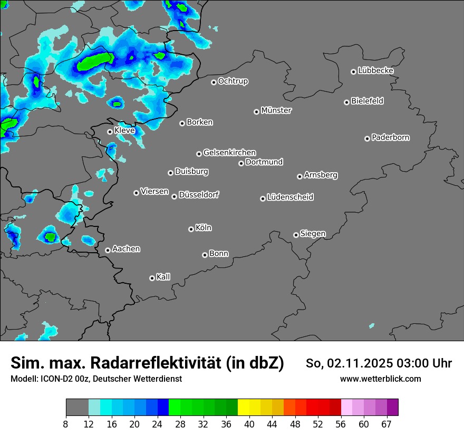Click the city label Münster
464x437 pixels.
click(276, 111)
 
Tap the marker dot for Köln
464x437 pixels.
click(191, 229)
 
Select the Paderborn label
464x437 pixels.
click(391, 137)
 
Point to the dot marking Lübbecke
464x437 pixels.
click(354, 72)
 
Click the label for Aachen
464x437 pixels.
click(126, 249)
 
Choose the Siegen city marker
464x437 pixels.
click(296, 235)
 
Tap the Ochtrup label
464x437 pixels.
click(233, 81)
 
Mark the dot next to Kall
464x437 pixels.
click(152, 278)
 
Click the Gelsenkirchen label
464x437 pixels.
click(229, 153)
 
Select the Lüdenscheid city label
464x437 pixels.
click(290, 197)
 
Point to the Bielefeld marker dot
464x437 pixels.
click(347, 102)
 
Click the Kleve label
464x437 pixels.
click(124, 130)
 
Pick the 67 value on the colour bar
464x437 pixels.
click(386, 424)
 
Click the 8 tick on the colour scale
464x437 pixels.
click(66, 424)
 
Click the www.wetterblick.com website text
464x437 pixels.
click(380, 379)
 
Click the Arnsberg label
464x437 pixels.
click(321, 175)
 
